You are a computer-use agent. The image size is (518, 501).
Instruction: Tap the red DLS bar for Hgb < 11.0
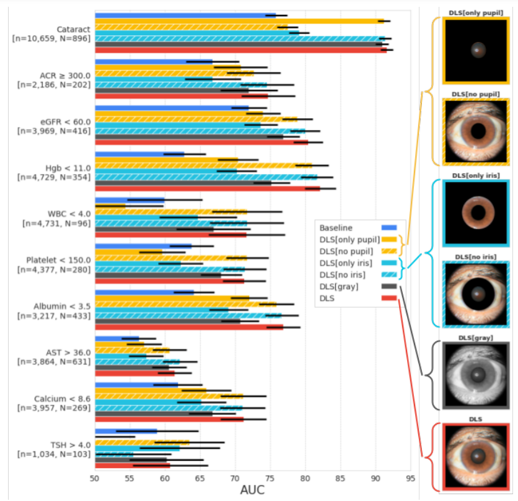207,188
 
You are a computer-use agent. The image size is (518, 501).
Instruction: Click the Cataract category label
73,29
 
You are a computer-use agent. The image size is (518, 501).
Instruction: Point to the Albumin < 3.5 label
64,307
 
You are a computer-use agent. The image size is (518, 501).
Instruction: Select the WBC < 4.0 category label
66,214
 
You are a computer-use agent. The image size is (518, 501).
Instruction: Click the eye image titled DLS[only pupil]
476,51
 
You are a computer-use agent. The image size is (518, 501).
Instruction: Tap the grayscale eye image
476,375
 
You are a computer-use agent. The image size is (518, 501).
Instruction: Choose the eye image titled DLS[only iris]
476,212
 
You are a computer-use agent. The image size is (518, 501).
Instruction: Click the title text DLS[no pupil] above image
475,94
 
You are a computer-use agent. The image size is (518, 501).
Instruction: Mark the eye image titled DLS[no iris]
476,294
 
